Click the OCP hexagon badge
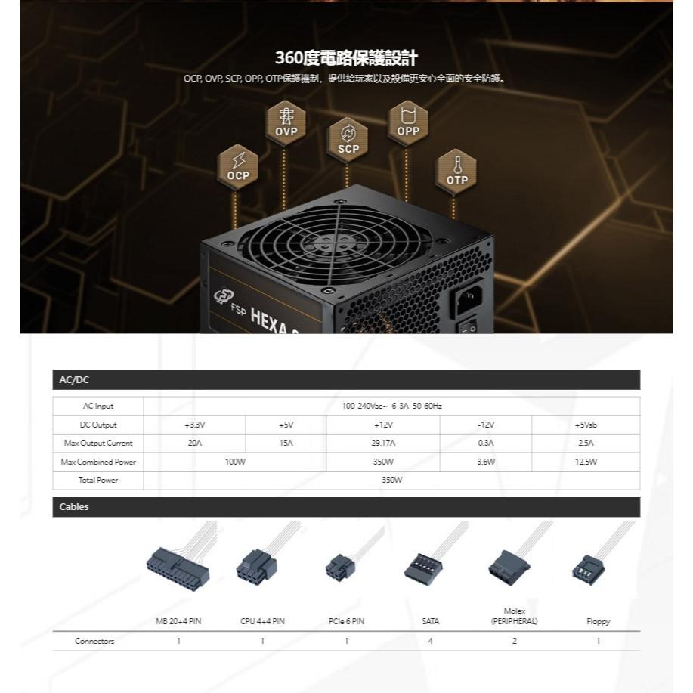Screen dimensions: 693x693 pos(237,166)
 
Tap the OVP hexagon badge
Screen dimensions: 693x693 pos(286,122)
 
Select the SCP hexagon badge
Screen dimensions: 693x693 pos(348,140)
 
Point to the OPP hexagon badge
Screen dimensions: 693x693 pos(408,122)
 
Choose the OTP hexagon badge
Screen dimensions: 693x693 pos(456,170)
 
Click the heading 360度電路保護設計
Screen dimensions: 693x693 pos(346,58)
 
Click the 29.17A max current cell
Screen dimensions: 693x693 pos(383,444)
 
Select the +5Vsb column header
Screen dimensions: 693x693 pos(586,425)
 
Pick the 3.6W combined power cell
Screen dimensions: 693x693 pos(486,462)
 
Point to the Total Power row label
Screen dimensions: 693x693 pos(98,480)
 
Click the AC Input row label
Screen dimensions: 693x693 pos(98,407)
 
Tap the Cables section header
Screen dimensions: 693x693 pos(74,507)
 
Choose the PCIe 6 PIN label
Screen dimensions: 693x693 pos(346,622)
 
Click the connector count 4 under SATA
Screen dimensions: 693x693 pos(430,641)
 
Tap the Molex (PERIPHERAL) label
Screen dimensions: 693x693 pos(514,616)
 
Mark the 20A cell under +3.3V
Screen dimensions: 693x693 pos(194,444)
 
